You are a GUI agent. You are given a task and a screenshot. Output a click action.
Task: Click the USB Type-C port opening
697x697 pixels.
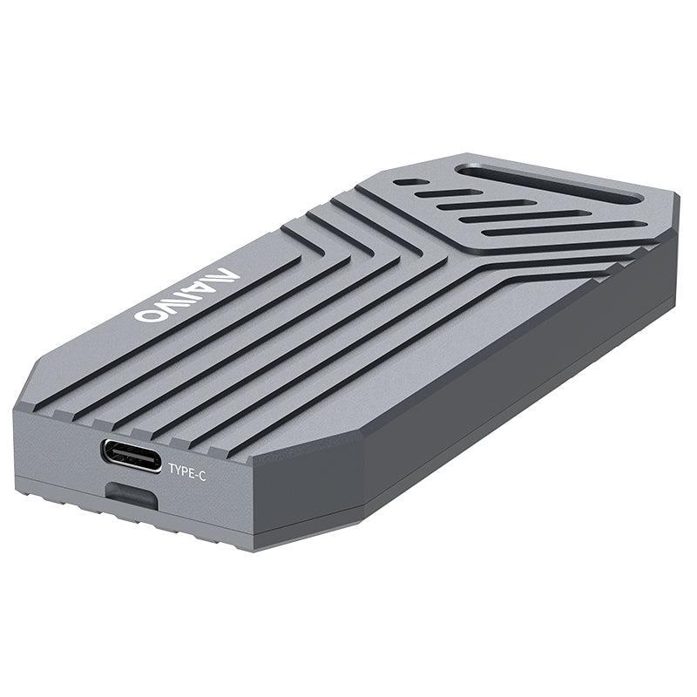point(132,456)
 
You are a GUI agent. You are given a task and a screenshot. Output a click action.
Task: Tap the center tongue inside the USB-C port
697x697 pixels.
point(132,456)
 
